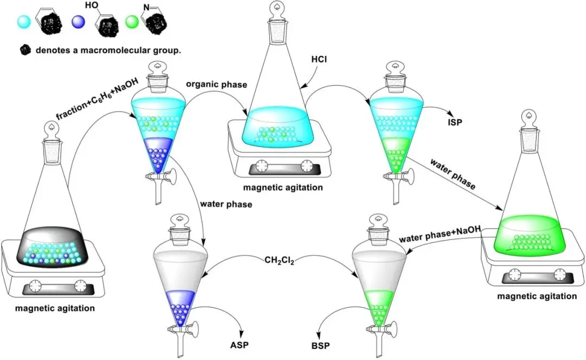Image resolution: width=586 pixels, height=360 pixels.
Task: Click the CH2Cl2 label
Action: tap(279, 260)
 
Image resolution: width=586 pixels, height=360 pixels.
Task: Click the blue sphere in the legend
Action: tap(79, 22)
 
